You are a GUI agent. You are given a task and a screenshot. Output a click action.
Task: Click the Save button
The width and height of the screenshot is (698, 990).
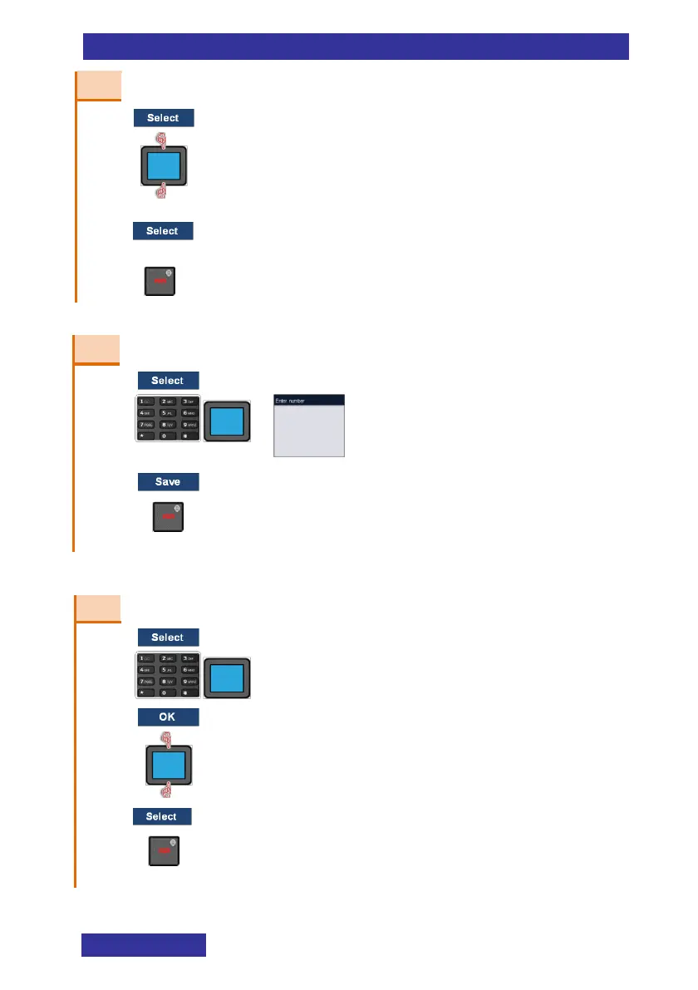pyautogui.click(x=168, y=482)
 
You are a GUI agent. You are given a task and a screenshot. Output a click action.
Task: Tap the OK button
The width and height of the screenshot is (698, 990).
pyautogui.click(x=168, y=717)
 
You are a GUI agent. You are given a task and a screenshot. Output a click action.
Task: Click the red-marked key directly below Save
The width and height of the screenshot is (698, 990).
pyautogui.click(x=168, y=517)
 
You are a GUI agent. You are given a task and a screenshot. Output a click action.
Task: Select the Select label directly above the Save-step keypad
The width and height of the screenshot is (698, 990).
pyautogui.click(x=168, y=381)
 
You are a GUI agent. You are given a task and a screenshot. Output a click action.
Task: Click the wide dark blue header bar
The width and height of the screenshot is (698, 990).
pyautogui.click(x=356, y=47)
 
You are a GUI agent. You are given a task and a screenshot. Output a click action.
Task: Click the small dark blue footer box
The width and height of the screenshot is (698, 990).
pyautogui.click(x=144, y=945)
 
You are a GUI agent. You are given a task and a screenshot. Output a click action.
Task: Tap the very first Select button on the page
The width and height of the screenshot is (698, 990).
pyautogui.click(x=164, y=118)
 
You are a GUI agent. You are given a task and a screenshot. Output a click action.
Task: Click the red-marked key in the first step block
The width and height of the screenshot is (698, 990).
pyautogui.click(x=160, y=281)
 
